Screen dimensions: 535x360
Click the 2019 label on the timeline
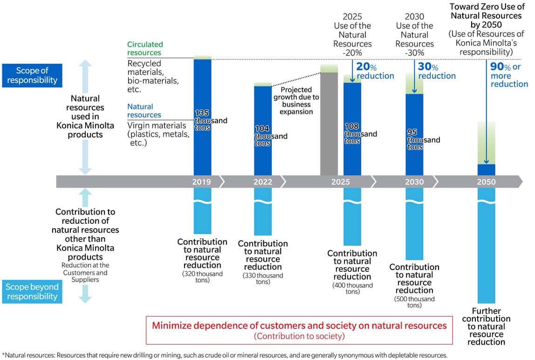pos(201,182)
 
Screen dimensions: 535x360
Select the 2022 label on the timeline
pos(263,182)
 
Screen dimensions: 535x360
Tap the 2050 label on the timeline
pos(486,182)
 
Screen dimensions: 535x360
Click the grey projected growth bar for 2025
pos(329,124)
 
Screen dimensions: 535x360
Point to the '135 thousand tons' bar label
pos(211,120)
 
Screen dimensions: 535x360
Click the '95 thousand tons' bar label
pos(424,139)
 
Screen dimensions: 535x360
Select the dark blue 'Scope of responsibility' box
pos(32,76)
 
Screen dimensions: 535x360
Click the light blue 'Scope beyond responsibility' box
pos(32,292)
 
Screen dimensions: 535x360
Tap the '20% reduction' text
pos(375,71)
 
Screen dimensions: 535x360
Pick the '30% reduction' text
pos(437,71)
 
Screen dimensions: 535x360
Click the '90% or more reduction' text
pos(509,75)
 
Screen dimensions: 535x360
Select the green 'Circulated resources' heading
pos(144,48)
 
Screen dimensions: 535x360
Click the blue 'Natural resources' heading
pos(144,111)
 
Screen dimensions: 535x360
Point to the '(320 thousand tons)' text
pos(202,277)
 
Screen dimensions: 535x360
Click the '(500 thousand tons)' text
pos(414,302)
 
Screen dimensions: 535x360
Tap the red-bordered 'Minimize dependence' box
pos(299,330)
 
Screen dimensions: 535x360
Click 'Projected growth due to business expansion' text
pos(296,100)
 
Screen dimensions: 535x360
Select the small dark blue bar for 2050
pos(486,170)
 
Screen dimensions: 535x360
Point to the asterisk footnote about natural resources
pos(225,355)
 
